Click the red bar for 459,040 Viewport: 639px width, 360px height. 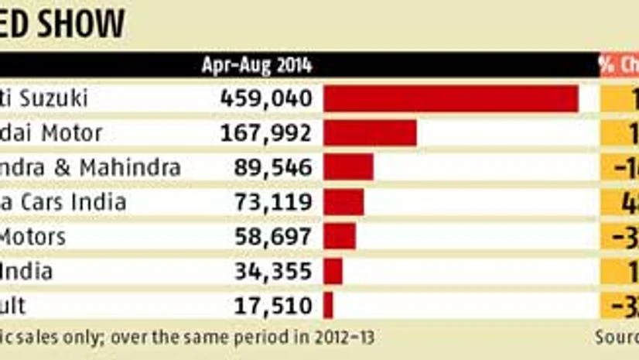(x=451, y=99)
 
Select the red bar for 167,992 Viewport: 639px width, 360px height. (x=370, y=133)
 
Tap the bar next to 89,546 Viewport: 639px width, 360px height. (x=348, y=167)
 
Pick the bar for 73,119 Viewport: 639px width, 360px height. (x=343, y=202)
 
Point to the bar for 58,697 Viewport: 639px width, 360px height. (x=340, y=236)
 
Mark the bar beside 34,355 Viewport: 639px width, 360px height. (x=333, y=271)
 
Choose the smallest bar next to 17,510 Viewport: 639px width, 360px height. (x=328, y=305)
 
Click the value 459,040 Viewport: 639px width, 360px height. (x=266, y=99)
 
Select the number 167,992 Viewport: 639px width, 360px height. (x=266, y=133)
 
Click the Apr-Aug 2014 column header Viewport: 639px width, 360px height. (x=257, y=65)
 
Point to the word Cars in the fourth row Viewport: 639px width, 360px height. (x=46, y=202)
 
